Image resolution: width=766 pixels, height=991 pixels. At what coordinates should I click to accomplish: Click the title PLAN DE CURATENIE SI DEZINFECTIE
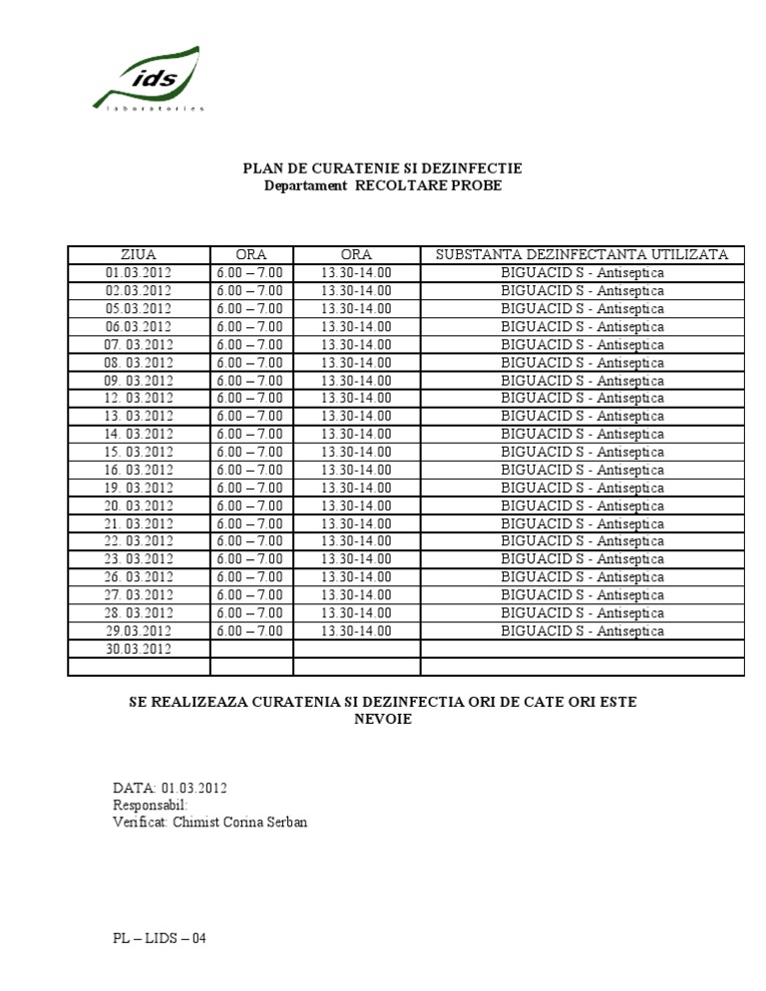383,168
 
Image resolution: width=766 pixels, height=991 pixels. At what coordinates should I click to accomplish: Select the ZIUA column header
138,255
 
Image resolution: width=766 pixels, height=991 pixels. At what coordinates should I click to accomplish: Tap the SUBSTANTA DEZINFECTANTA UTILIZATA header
581,255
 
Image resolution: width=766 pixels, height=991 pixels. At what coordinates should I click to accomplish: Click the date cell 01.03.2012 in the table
139,273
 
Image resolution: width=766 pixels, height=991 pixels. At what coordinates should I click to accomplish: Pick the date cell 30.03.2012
139,649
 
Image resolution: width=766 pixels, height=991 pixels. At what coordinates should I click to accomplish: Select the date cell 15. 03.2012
139,452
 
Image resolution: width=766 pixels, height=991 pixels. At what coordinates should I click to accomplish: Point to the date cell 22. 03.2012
139,541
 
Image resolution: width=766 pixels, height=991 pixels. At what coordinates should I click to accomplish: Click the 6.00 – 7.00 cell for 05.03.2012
249,309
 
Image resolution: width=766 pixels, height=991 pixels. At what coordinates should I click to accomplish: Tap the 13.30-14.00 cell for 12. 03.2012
356,398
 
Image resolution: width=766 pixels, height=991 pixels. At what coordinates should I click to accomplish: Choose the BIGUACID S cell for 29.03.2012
581,631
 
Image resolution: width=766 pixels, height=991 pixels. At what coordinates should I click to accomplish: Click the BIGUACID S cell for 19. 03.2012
581,488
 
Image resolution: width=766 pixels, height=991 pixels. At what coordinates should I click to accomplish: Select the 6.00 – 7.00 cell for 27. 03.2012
249,595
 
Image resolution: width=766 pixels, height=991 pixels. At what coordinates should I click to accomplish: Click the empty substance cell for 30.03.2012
581,649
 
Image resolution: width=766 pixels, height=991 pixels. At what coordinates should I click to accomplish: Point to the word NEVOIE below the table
383,720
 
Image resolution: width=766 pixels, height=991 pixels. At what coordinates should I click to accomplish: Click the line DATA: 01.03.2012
171,788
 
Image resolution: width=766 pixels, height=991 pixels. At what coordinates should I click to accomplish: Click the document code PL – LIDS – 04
160,938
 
